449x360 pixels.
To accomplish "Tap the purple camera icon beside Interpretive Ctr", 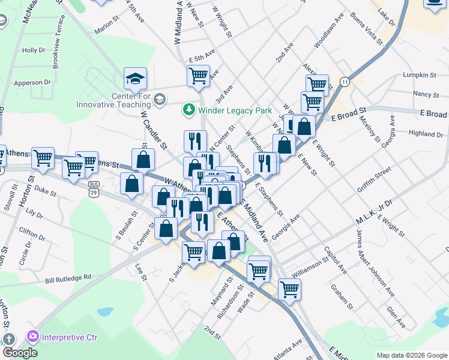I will [31, 337].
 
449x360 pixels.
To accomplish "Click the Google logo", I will [20, 353].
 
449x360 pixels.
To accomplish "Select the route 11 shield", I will [345, 81].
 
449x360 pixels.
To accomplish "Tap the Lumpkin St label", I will [420, 75].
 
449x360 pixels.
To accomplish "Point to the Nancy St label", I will [426, 94].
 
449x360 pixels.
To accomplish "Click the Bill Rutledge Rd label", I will [68, 278].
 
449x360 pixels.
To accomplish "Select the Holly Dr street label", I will [34, 50].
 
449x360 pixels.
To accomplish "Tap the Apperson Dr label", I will [32, 82].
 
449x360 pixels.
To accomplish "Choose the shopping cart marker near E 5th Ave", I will [198, 76].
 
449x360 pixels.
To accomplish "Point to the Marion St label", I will [104, 26].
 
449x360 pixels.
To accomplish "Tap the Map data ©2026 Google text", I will [412, 355].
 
